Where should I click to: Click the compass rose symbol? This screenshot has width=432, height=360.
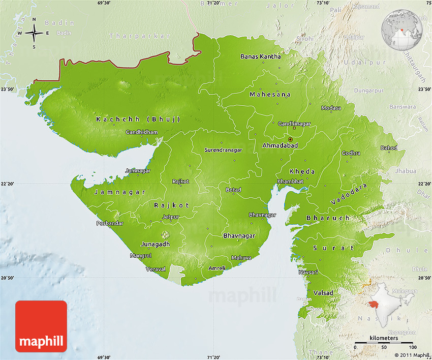click(x=34, y=33)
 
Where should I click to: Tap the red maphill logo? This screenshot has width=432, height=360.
click(x=41, y=326)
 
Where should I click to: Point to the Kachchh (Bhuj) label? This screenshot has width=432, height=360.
click(x=138, y=119)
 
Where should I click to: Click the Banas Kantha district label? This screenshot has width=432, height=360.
click(x=260, y=56)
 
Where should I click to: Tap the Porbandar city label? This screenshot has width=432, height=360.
click(x=110, y=223)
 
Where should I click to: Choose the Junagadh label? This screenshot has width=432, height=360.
click(x=156, y=244)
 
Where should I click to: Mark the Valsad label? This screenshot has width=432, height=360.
click(x=324, y=293)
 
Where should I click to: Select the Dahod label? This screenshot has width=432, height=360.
click(x=389, y=148)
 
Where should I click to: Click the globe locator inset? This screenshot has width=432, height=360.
click(x=403, y=29)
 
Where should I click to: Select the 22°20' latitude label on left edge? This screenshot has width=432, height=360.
click(x=8, y=184)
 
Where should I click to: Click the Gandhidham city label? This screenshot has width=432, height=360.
click(x=142, y=132)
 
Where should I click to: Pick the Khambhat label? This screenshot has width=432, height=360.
click(x=290, y=182)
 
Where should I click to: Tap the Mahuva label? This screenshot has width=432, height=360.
click(x=241, y=258)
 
